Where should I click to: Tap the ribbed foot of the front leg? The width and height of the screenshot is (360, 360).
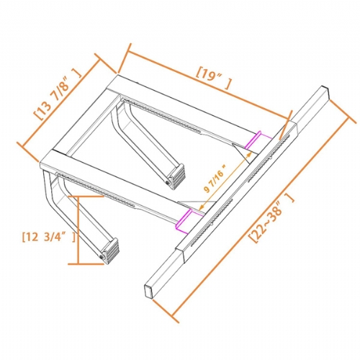pyautogui.click(x=109, y=250)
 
